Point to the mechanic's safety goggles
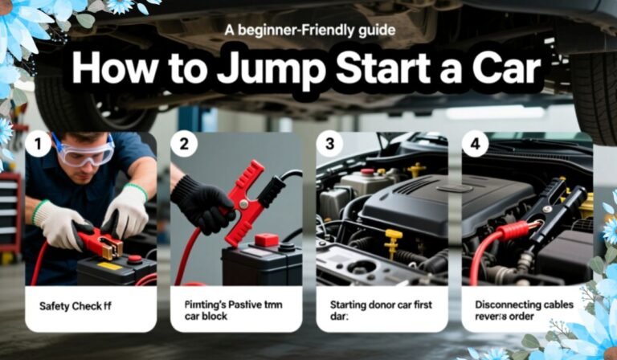tap(84, 152)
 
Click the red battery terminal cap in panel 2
tap(266, 239)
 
